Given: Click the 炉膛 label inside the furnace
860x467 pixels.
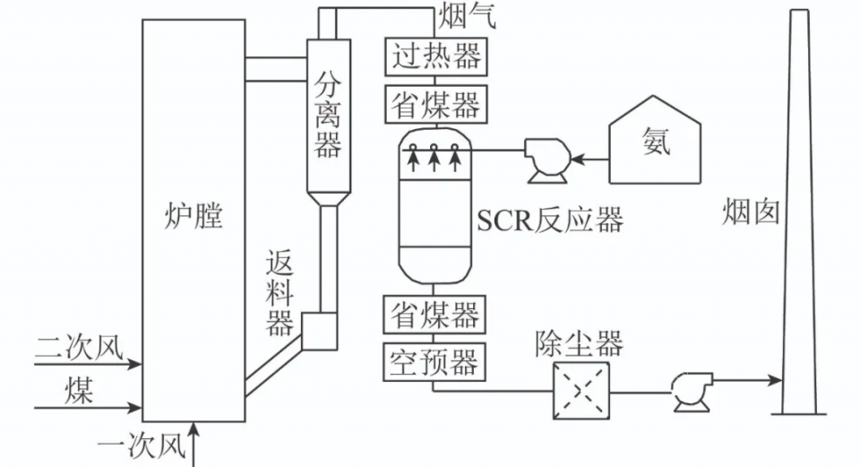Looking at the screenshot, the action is [193, 216].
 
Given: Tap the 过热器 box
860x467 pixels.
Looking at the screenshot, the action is [436, 56].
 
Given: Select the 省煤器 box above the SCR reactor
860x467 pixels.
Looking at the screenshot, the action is [436, 104].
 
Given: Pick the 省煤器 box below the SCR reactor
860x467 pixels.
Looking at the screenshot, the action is [434, 315].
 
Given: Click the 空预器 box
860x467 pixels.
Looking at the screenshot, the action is [434, 362].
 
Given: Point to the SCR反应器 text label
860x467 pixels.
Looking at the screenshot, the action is [550, 221].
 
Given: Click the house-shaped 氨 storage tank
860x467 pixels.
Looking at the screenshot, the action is [655, 140].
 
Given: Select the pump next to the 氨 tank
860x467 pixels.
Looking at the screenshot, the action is [546, 160].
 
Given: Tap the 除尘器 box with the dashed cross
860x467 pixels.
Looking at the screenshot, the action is [580, 391].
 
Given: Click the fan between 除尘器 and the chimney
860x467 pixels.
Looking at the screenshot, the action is [692, 392].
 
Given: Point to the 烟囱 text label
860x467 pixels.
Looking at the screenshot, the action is [751, 212].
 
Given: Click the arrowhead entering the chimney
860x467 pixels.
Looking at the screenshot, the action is [776, 380].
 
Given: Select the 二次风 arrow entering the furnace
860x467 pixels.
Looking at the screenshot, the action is [88, 363].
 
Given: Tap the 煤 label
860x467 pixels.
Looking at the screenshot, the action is [79, 390].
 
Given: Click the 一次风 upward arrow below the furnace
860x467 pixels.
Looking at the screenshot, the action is [194, 444].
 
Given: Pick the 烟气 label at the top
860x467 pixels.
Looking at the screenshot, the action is [468, 16].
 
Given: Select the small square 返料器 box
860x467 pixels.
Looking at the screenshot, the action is [319, 331].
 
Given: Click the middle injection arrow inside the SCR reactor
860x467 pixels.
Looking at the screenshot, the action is [434, 157].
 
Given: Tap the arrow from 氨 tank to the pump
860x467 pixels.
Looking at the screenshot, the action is [589, 160].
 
